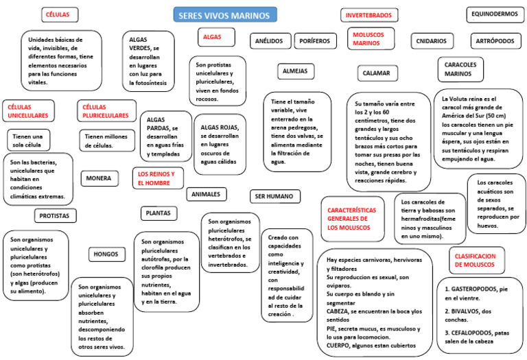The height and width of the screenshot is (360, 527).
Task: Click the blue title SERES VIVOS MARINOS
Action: click(x=224, y=14)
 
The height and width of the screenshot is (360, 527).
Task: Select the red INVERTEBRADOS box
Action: click(x=369, y=15)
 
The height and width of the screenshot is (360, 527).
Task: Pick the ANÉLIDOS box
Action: click(x=269, y=41)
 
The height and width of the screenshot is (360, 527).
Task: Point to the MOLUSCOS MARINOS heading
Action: click(x=371, y=38)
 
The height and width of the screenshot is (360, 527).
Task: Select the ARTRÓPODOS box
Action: click(x=495, y=41)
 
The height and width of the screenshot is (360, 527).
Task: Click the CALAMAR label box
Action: click(x=377, y=73)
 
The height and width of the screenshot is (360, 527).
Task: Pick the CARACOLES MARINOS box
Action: click(x=459, y=69)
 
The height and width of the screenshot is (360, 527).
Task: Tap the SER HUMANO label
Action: click(x=274, y=196)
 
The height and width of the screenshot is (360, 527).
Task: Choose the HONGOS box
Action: click(x=106, y=254)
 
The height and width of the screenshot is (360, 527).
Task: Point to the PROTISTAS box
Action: click(x=54, y=215)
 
